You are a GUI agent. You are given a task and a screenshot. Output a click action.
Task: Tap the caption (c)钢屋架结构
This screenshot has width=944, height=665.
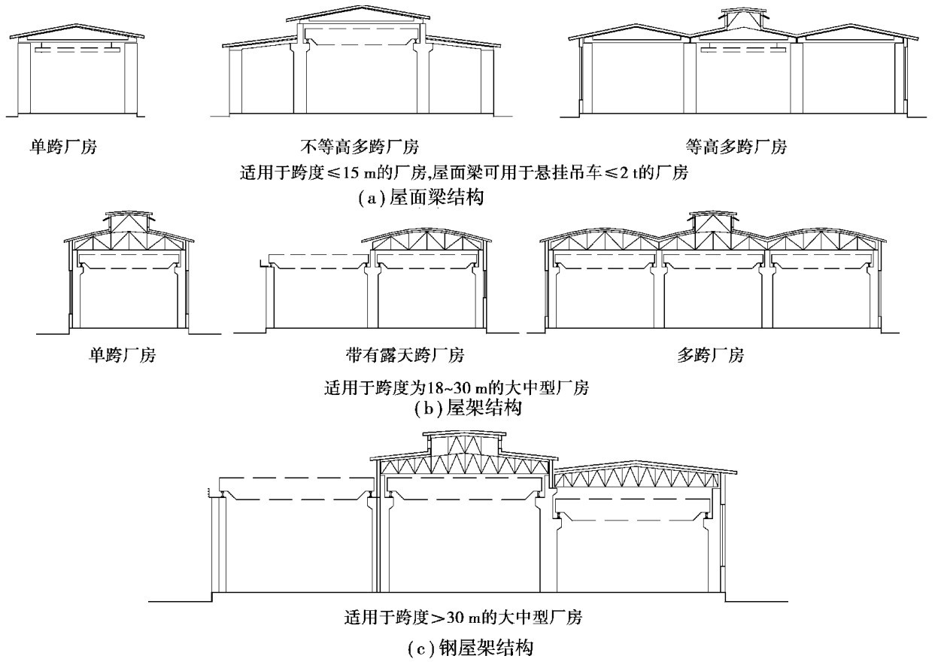[x=472, y=647]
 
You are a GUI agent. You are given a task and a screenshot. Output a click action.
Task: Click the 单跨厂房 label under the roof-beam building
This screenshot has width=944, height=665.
[x=63, y=146]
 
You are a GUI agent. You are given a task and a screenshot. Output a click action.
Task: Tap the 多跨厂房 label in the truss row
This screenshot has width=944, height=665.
[x=710, y=354]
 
